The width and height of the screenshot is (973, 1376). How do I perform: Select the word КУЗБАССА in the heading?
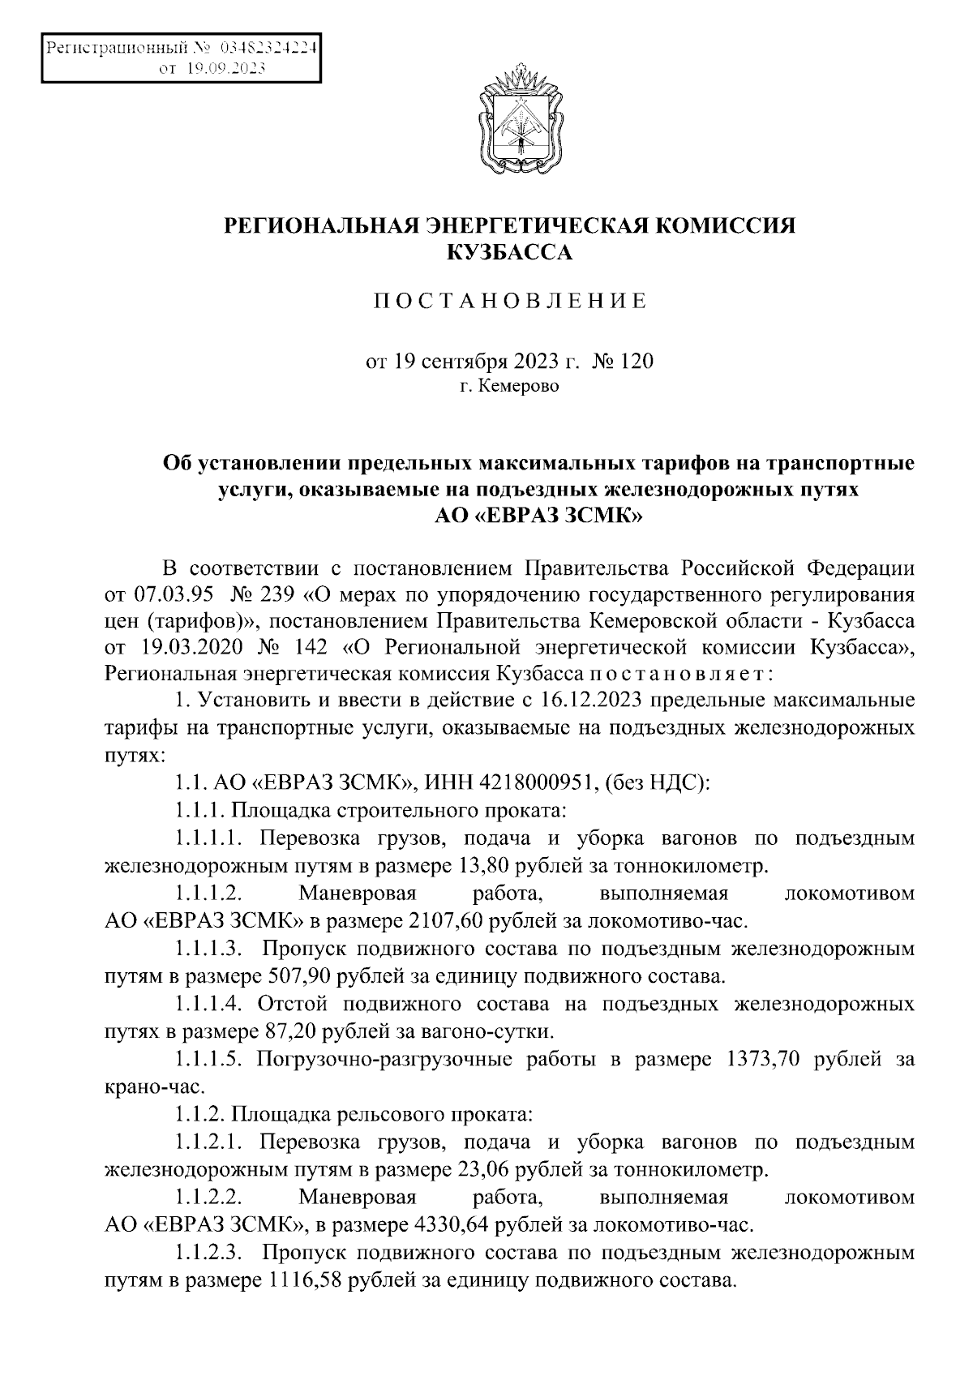coord(510,254)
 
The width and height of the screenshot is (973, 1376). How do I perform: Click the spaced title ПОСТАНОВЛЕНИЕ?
coord(510,302)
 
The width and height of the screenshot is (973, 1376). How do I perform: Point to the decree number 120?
coord(636,361)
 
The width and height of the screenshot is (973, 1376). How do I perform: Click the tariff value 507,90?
coord(296,976)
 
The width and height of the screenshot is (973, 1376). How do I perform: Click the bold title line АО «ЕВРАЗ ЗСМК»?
coord(538,517)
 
